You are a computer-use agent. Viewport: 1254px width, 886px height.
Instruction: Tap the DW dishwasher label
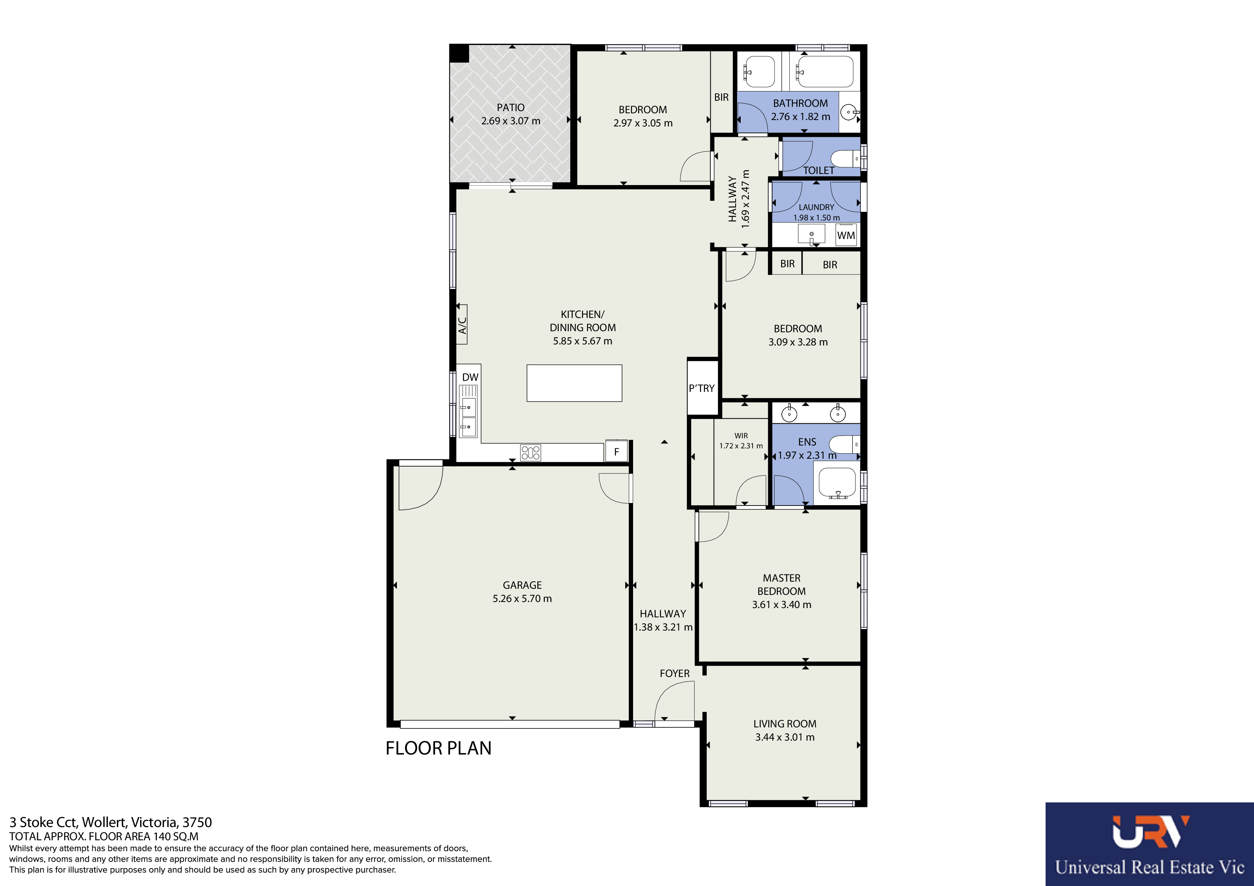[470, 377]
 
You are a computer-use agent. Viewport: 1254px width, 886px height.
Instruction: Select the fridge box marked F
[617, 452]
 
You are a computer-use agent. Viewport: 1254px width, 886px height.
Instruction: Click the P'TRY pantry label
[701, 388]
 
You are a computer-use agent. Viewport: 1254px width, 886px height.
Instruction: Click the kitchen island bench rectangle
[574, 383]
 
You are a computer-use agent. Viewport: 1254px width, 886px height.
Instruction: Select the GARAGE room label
[522, 585]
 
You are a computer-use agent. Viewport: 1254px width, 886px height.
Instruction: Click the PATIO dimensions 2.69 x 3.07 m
[511, 121]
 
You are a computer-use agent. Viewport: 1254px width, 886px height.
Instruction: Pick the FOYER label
[675, 673]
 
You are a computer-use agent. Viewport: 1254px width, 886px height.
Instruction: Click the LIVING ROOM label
[785, 723]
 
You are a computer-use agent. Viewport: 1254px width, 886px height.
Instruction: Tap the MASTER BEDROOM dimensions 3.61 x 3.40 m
[781, 604]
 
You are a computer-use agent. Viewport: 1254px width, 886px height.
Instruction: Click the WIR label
[741, 435]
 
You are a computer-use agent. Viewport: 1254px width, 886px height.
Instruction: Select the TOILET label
[818, 170]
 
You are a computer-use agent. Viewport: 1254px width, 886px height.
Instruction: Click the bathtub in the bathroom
[824, 71]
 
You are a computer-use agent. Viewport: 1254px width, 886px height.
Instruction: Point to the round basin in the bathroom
[848, 113]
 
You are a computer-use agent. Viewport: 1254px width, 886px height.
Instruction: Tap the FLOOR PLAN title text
[438, 748]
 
